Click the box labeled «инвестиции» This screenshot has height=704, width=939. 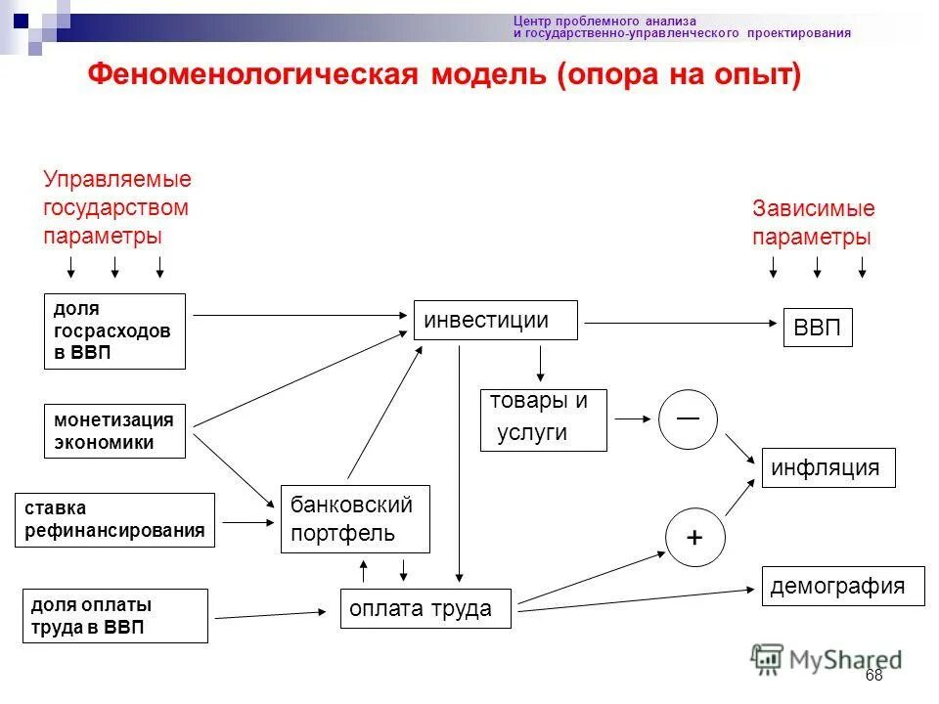click(x=495, y=320)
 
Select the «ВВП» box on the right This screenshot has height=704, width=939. click(x=818, y=328)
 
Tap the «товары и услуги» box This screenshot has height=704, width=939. click(x=543, y=419)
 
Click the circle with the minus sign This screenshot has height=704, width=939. click(x=688, y=419)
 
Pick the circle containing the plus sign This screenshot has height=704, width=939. click(x=695, y=537)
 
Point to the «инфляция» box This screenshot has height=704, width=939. click(x=826, y=468)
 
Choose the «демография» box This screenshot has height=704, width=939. click(x=842, y=586)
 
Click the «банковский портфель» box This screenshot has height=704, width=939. click(x=355, y=518)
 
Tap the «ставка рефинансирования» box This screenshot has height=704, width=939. click(x=114, y=519)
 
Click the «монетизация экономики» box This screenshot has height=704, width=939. click(x=114, y=431)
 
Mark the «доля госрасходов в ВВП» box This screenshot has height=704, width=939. click(x=114, y=330)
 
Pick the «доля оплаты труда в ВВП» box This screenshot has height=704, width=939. click(x=114, y=616)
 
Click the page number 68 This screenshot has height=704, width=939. click(x=873, y=676)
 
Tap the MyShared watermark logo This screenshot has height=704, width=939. click(x=827, y=660)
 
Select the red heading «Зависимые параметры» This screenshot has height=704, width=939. click(x=813, y=223)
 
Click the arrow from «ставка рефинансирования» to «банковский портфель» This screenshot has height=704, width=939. click(x=246, y=522)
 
